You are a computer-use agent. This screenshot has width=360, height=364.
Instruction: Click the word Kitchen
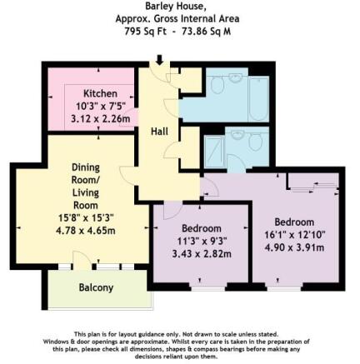click(99, 92)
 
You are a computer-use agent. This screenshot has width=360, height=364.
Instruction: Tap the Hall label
click(159, 132)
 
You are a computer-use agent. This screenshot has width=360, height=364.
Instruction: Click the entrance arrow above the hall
click(159, 60)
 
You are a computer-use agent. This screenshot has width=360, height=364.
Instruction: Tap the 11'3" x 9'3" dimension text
click(201, 241)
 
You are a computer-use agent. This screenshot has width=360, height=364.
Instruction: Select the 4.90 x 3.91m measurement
click(294, 247)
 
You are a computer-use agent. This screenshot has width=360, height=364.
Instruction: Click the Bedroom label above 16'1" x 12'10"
click(294, 222)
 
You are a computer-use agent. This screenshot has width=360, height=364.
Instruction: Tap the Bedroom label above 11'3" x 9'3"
click(201, 227)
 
